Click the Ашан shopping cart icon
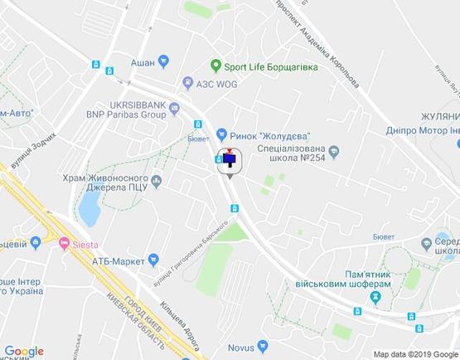click(x=163, y=60)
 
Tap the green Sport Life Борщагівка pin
click(x=215, y=66)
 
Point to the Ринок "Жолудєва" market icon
click(x=221, y=134)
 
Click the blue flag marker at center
click(x=230, y=159)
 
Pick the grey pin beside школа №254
click(x=334, y=151)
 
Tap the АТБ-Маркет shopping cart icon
click(x=153, y=260)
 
